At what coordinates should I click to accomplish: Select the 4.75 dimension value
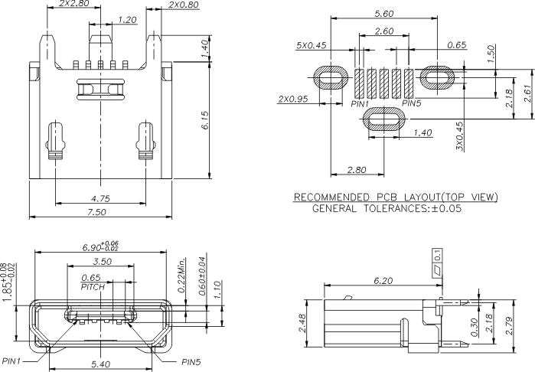point(101,198)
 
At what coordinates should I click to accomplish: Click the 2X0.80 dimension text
point(182,5)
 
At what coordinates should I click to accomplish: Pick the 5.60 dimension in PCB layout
point(383,15)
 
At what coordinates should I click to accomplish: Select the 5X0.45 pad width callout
point(312,45)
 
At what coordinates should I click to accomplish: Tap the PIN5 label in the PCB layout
point(411,103)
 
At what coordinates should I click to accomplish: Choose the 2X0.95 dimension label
point(293,99)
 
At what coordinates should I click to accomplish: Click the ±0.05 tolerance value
point(445,207)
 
